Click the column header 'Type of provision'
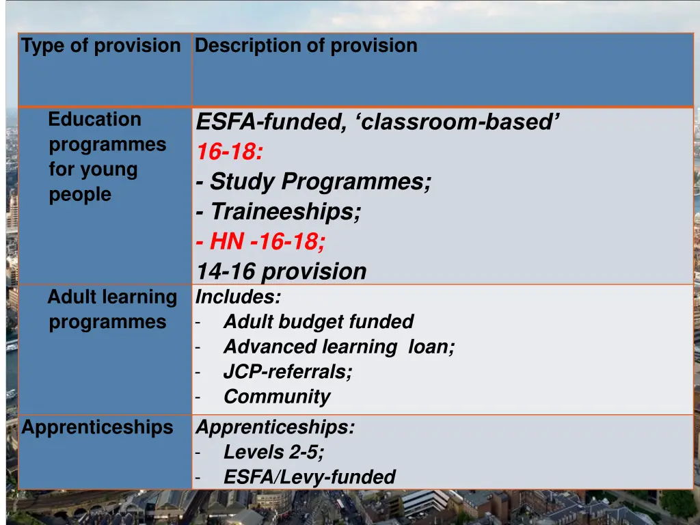coord(100,46)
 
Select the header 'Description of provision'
coord(306,46)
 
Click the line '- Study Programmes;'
coord(314,182)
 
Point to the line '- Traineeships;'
coord(278,212)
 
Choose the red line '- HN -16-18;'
coord(260,241)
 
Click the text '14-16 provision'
coord(282,271)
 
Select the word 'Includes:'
coord(238,297)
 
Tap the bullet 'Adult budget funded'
coord(319,321)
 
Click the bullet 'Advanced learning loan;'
coord(339,347)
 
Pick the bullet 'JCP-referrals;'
coord(288,372)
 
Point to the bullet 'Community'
coord(277,396)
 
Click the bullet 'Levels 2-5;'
coord(274,452)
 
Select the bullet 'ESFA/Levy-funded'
coord(310,477)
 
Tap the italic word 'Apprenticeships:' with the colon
coord(275,427)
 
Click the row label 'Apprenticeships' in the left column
coord(97,427)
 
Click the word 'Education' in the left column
coord(95,120)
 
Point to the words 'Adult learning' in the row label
coord(112,297)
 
